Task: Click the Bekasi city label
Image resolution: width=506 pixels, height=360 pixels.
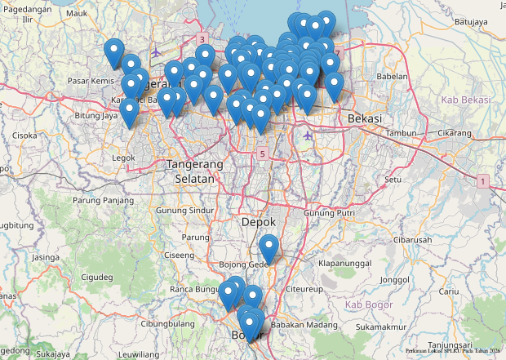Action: coord(365,118)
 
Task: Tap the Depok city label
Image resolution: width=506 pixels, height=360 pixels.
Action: coord(259,222)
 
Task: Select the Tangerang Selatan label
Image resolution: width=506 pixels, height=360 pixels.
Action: coord(194,171)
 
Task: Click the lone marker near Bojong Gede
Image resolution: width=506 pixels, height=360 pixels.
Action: coord(269,248)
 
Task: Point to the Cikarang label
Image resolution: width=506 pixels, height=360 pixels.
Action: coord(454,132)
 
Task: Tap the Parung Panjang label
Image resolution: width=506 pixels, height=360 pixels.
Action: coord(103,199)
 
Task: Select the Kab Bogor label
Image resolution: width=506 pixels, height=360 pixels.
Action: coord(364,304)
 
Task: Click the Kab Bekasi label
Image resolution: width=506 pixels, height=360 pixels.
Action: coord(465,100)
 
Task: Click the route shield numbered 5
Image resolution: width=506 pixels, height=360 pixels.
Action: coord(262,153)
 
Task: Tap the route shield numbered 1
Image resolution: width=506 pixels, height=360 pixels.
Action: coord(483,180)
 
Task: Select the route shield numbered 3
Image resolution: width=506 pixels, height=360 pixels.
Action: coord(202,39)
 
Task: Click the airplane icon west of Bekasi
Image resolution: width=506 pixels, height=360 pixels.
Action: coord(308,135)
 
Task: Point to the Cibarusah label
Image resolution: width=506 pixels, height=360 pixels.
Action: coord(412,240)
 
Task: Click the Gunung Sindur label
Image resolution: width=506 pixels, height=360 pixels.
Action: coord(184,210)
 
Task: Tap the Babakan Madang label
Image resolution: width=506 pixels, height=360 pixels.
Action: coord(304,325)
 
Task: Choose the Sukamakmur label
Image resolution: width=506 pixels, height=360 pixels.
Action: coord(381,327)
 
